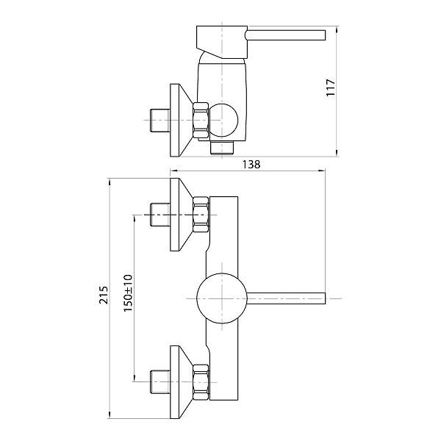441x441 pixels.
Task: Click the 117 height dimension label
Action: tap(331, 87)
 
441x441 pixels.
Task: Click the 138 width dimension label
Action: tap(251, 164)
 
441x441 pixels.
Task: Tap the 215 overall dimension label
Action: tap(104, 295)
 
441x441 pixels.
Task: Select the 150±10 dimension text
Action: tap(128, 293)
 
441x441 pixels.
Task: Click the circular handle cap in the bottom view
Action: tap(222, 298)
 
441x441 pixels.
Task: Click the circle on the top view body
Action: tap(222, 120)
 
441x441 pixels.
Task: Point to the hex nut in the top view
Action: tap(201, 120)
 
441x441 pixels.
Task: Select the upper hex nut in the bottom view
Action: tap(201, 215)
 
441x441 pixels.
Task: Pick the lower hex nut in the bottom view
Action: tap(201, 382)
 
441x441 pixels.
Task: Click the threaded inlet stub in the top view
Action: tap(160, 120)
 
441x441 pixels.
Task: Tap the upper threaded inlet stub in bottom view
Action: tap(160, 215)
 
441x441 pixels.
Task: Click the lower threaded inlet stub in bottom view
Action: tap(160, 382)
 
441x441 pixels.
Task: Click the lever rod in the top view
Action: tap(285, 35)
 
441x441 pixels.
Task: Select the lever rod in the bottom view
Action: tap(286, 298)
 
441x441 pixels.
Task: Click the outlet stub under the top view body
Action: tap(222, 148)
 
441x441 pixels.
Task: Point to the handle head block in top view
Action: tap(222, 42)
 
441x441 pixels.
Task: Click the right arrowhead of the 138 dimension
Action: tap(322, 171)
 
